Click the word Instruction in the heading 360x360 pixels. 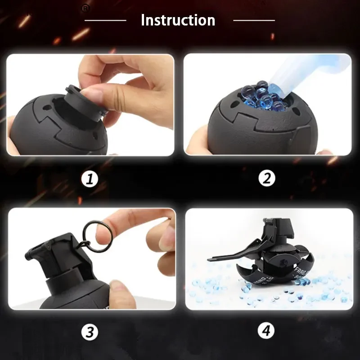pos(178,20)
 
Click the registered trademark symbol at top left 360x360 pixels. pos(84,8)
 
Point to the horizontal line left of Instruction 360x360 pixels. pos(105,20)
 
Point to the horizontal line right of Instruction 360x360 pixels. pos(254,20)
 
